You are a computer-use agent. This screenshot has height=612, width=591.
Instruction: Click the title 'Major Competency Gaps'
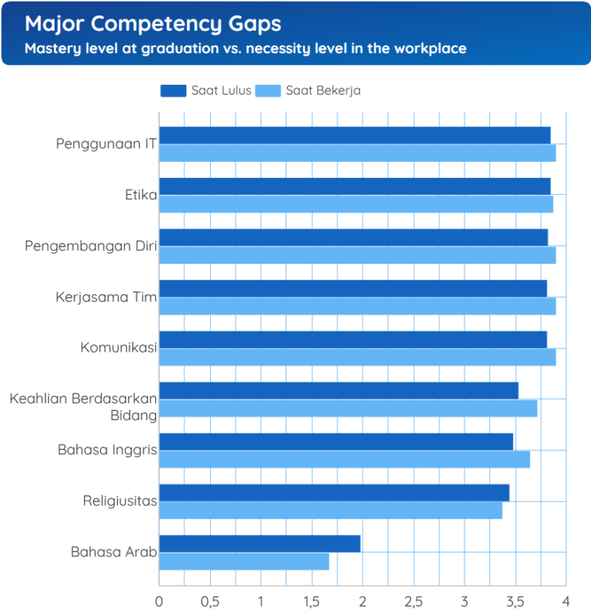tap(152, 24)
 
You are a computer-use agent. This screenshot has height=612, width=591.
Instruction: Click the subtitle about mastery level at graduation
tap(245, 48)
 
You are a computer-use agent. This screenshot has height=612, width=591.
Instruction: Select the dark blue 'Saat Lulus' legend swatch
tap(173, 91)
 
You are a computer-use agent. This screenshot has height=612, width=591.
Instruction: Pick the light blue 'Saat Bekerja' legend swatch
tap(268, 91)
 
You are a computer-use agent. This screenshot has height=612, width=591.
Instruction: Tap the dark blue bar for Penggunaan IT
tap(354, 135)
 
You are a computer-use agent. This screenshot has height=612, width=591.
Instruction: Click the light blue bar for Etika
tap(356, 204)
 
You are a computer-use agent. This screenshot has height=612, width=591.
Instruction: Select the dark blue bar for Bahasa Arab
tap(259, 543)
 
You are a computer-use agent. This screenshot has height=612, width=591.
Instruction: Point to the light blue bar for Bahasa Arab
tap(244, 562)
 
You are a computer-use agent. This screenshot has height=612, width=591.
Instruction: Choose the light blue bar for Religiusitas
tap(330, 510)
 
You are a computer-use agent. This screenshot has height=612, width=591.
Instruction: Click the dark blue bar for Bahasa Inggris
tap(336, 442)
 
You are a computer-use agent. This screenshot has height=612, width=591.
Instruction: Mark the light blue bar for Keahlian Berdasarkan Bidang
tap(348, 409)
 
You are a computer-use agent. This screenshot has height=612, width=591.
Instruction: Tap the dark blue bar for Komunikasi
tap(352, 339)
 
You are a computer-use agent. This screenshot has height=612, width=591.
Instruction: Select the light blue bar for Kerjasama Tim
tap(357, 306)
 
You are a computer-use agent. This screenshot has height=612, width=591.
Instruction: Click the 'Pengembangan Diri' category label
tap(91, 246)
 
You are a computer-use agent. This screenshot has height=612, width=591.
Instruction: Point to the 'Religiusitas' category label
tap(120, 502)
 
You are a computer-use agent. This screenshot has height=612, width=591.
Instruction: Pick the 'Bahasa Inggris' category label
tap(107, 450)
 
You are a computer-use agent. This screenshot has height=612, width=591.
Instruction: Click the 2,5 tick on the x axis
tap(413, 600)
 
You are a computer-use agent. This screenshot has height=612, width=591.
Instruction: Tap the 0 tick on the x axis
tap(159, 600)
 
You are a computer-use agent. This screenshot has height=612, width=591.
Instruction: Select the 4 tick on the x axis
tap(566, 600)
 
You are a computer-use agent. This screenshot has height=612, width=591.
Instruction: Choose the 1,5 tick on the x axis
tap(312, 600)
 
